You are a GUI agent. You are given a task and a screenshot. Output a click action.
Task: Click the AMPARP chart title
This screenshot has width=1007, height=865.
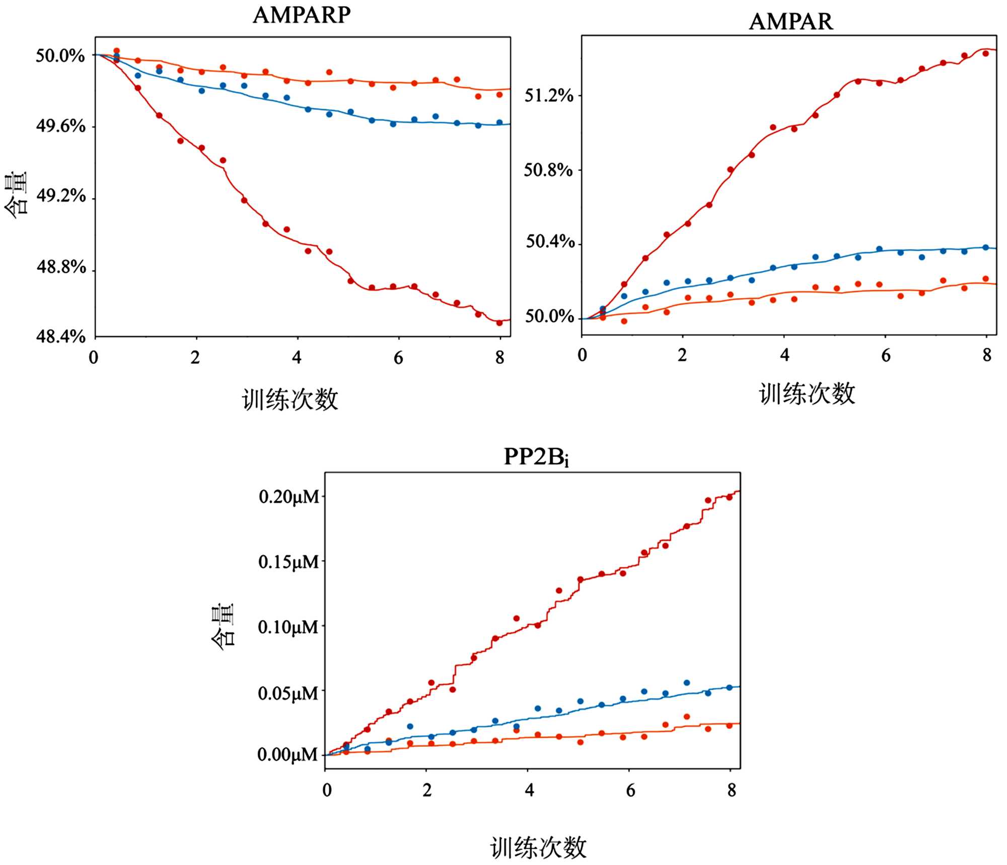click(x=302, y=15)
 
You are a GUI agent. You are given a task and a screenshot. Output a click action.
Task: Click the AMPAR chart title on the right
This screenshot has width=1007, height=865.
click(x=790, y=22)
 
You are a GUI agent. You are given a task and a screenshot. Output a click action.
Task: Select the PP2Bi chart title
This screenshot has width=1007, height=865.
click(x=536, y=457)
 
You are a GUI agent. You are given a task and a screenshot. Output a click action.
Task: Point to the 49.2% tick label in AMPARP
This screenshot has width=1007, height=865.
click(x=61, y=196)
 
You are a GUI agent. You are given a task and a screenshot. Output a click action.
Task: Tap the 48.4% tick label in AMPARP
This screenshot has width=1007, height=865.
click(x=61, y=336)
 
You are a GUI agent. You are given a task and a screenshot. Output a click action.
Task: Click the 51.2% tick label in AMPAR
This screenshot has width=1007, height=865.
click(x=549, y=95)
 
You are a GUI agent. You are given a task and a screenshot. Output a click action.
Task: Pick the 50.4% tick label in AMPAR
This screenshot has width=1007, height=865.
click(x=550, y=242)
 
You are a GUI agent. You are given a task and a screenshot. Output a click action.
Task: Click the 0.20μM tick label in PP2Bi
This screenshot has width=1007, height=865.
click(x=289, y=497)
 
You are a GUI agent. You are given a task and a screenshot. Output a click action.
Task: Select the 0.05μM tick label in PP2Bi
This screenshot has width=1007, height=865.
click(x=289, y=693)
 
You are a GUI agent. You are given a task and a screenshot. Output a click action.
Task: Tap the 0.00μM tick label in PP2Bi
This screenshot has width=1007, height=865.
click(x=288, y=755)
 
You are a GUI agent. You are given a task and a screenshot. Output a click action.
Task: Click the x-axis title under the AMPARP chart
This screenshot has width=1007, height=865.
click(x=290, y=400)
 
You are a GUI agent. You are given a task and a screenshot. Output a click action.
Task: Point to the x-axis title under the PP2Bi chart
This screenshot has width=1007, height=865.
click(x=538, y=847)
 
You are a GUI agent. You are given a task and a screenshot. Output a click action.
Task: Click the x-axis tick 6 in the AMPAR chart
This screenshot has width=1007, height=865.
click(x=886, y=356)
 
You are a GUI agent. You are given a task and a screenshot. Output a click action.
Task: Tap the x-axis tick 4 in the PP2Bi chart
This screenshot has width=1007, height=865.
click(x=529, y=790)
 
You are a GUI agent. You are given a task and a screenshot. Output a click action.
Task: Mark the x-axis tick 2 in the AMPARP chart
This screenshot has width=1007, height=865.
click(x=195, y=358)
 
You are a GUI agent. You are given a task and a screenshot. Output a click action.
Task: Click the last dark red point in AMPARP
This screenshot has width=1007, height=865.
click(x=499, y=323)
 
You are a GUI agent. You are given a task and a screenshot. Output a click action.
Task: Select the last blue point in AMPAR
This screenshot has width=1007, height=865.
click(x=986, y=248)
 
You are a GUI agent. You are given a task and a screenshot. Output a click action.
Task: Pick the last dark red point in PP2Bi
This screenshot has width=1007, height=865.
click(x=729, y=497)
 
